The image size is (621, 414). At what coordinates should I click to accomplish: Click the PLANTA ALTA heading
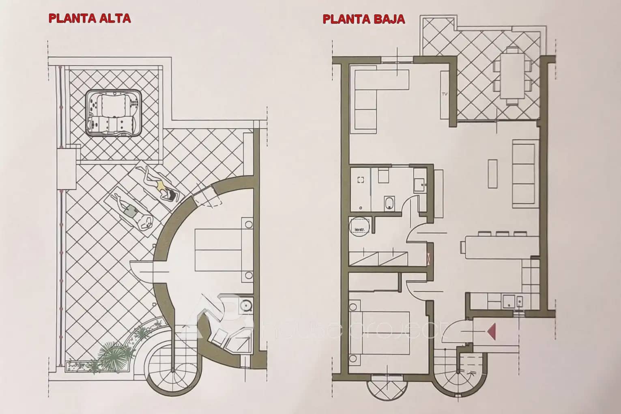pyautogui.click(x=89, y=18)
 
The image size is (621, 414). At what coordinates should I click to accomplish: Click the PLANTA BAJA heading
pyautogui.click(x=363, y=19)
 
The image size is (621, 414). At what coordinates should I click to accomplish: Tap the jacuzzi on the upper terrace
pyautogui.click(x=114, y=111)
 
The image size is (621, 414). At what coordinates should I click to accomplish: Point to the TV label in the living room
pyautogui.click(x=444, y=94)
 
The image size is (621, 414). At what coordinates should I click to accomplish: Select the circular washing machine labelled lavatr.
pyautogui.click(x=359, y=226)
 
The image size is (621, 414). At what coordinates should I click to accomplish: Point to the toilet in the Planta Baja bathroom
pyautogui.click(x=389, y=203)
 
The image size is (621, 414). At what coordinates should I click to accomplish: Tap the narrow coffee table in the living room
pyautogui.click(x=492, y=174)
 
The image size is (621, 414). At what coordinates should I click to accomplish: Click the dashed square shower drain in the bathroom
pyautogui.click(x=361, y=180)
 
